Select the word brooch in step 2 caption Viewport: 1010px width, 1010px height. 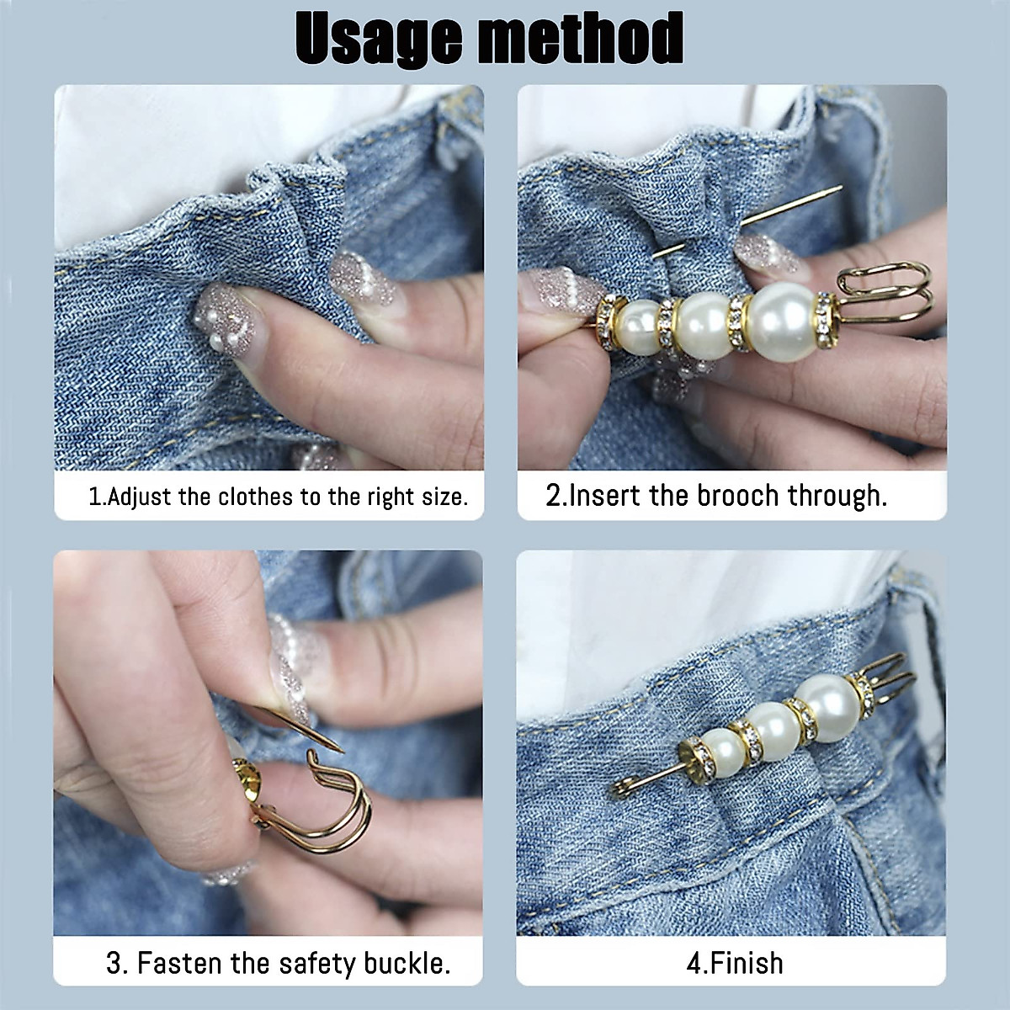coord(737,495)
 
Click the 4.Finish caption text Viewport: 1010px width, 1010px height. coord(735,963)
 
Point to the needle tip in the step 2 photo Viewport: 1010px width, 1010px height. coord(838,189)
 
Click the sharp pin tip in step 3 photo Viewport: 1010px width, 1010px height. coord(340,748)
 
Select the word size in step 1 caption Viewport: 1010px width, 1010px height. coord(444,497)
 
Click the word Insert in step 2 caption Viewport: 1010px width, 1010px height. coord(606,495)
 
